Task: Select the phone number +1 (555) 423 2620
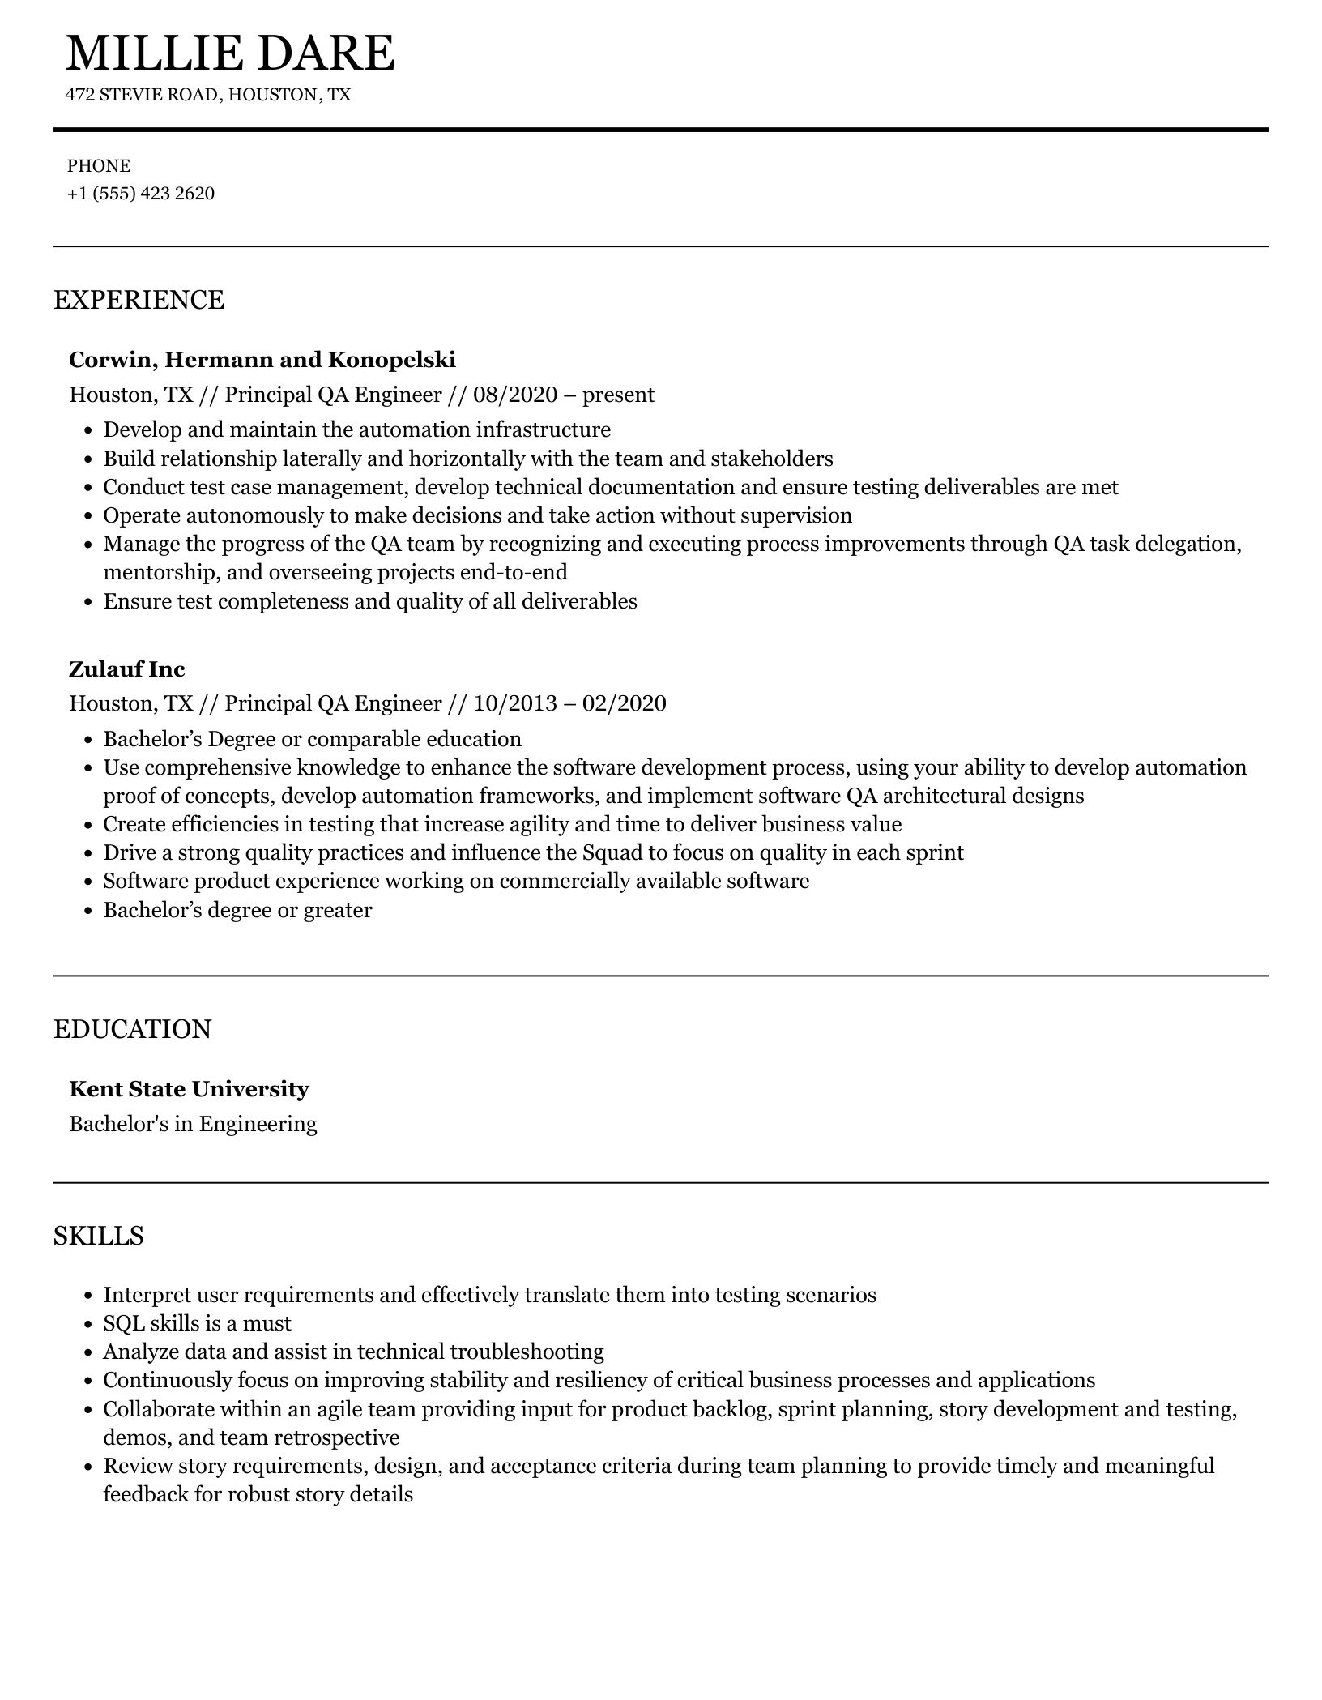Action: click(141, 194)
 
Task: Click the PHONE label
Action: click(99, 166)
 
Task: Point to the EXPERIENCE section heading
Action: click(139, 300)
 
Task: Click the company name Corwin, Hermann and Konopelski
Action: click(262, 359)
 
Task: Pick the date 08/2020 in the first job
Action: click(515, 395)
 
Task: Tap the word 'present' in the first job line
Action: click(618, 395)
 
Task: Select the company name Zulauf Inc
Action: click(127, 668)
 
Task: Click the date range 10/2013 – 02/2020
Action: click(569, 703)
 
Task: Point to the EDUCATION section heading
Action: click(132, 1029)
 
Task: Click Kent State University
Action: click(189, 1088)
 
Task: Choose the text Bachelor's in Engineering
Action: click(193, 1124)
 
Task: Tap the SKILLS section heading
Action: click(99, 1236)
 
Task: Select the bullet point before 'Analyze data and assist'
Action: click(89, 1352)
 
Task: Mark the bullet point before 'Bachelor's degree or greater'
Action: click(89, 910)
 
